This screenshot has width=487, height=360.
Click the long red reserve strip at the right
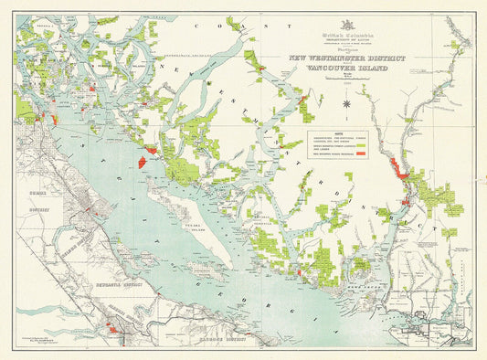[397, 168]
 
